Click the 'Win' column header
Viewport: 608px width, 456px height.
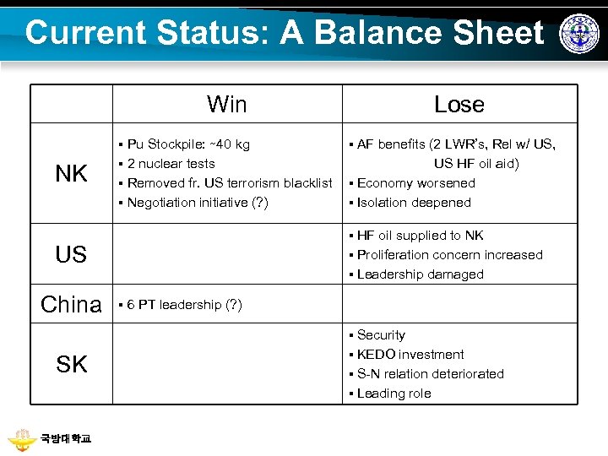click(x=227, y=105)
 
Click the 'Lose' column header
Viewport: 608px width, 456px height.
click(x=459, y=105)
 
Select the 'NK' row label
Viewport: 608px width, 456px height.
click(x=71, y=174)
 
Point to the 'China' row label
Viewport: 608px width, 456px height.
click(x=71, y=305)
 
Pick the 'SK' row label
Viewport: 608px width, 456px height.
click(x=71, y=365)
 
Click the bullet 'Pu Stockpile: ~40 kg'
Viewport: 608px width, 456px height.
click(x=188, y=144)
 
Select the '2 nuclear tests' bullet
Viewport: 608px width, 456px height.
click(x=171, y=164)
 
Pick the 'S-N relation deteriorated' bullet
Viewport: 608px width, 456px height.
click(x=430, y=374)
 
